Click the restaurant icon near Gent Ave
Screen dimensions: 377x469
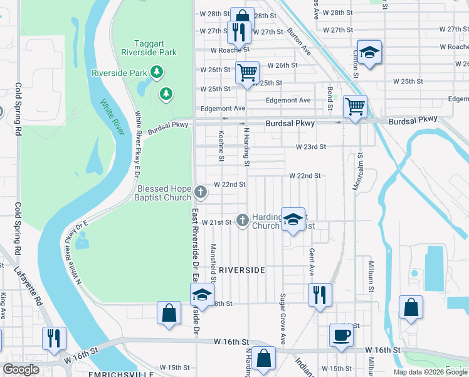[x=320, y=294]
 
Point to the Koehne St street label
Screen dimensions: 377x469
[x=221, y=146]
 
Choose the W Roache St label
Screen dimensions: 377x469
[x=230, y=49]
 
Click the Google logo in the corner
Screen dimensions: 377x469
[x=21, y=369]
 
